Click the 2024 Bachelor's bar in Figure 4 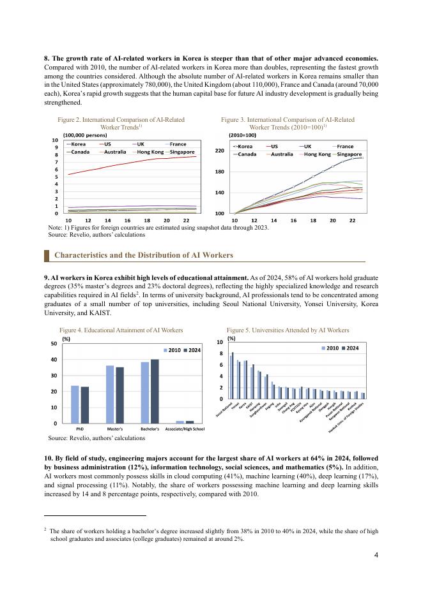[x=155, y=390]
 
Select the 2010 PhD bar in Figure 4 [x=75, y=404]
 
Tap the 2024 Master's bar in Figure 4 [x=119, y=394]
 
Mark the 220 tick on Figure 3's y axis [x=219, y=151]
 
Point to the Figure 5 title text [x=279, y=330]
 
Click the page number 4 [x=376, y=554]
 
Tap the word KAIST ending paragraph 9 [x=100, y=313]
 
